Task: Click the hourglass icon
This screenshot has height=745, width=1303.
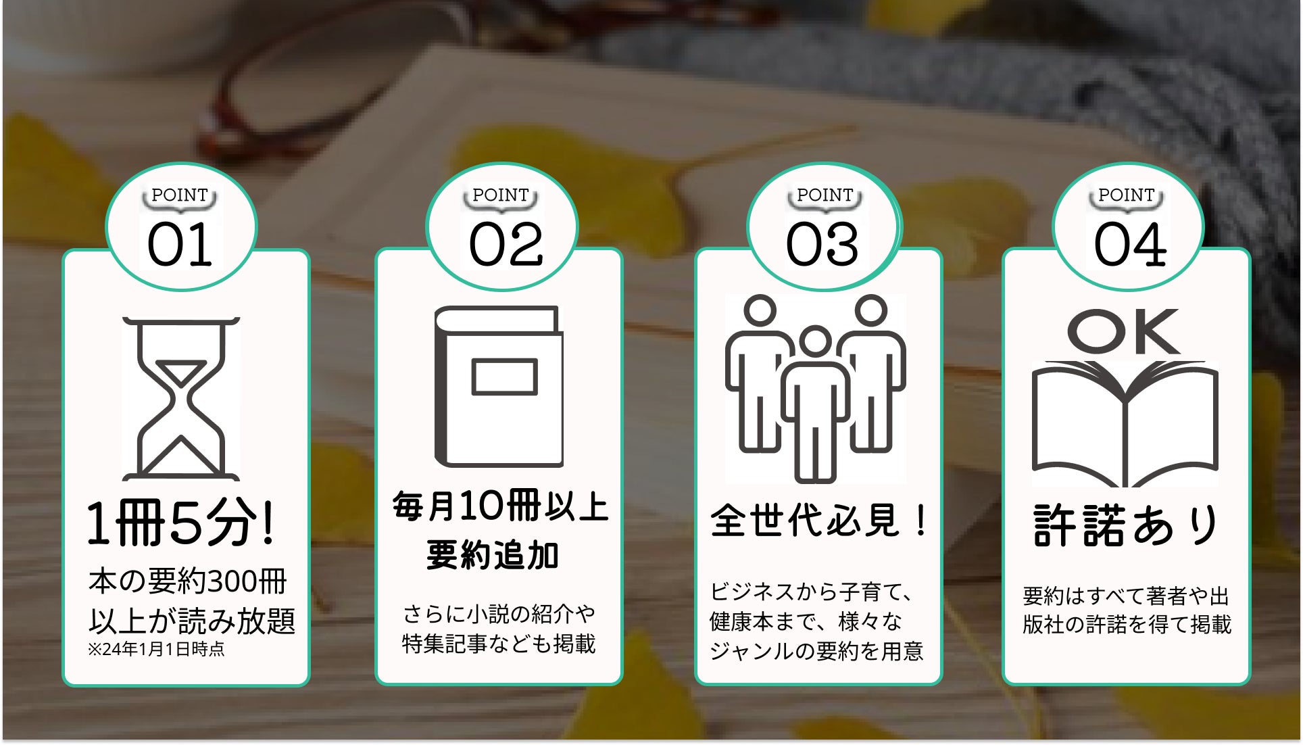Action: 180,399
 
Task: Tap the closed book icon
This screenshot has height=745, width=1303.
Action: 499,387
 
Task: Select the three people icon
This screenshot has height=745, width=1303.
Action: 815,388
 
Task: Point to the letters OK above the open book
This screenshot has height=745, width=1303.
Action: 1123,332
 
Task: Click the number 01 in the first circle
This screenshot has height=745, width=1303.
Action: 180,245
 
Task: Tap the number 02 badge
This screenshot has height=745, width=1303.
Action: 506,245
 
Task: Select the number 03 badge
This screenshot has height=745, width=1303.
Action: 822,245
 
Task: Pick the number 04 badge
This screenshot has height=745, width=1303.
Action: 1130,245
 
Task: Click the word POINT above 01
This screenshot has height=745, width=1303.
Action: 180,195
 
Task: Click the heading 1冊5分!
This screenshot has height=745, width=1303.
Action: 181,523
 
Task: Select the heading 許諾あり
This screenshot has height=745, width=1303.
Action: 1126,525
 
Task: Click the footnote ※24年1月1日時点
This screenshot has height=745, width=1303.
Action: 156,650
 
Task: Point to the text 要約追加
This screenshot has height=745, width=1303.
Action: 493,556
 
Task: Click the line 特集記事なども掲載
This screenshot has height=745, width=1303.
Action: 499,644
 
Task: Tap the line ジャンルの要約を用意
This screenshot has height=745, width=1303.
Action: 816,651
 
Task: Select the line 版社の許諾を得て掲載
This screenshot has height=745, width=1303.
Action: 1127,624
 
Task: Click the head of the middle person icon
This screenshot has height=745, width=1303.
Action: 815,341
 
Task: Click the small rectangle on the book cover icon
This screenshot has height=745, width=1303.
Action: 505,377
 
